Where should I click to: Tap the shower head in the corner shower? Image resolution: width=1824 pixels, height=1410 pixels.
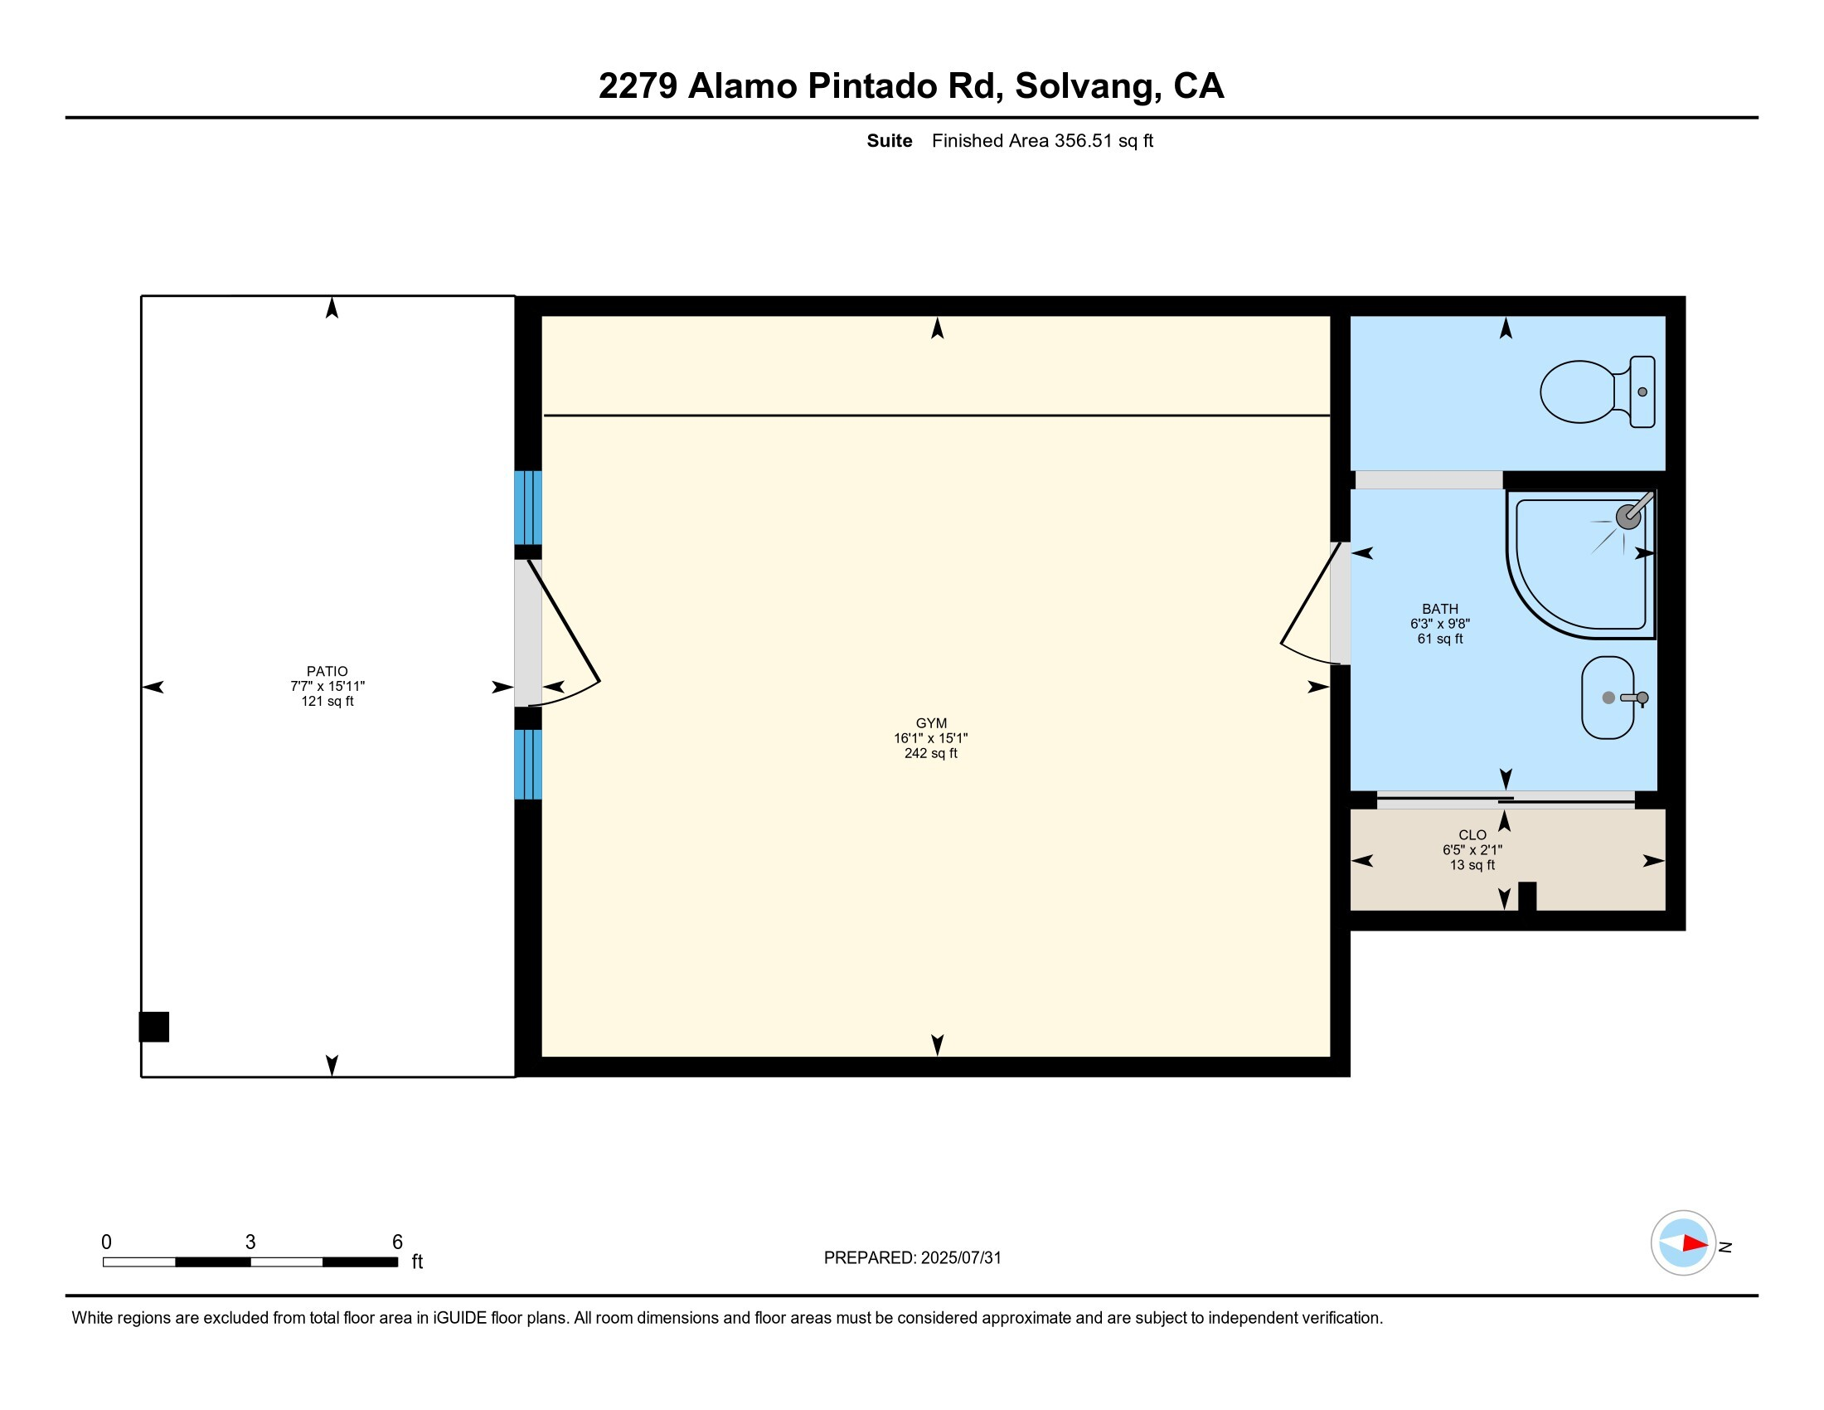tap(1628, 516)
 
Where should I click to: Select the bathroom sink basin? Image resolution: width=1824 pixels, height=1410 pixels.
tap(1607, 698)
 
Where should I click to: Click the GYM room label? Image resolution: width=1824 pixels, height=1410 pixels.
tap(930, 723)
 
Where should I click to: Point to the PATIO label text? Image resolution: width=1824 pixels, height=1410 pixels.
tap(327, 672)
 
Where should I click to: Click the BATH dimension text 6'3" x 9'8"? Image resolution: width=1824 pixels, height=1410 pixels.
tap(1440, 624)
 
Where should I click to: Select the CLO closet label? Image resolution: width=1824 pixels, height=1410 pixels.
tap(1472, 835)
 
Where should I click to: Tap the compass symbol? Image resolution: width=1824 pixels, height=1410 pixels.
tap(1683, 1243)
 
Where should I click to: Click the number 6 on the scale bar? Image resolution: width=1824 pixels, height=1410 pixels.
tap(397, 1242)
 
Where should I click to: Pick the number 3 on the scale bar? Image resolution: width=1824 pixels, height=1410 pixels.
tap(250, 1242)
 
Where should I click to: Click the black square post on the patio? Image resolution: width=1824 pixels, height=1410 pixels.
tap(153, 1027)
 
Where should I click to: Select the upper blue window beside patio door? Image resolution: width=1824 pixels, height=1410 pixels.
tap(528, 508)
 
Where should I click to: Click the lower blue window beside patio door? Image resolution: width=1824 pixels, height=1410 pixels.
tap(528, 765)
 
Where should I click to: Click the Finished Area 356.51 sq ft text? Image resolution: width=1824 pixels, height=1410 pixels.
tap(1042, 141)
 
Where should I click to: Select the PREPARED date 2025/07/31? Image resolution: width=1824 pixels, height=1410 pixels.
tap(960, 1258)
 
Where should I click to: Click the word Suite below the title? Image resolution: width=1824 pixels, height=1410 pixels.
tap(889, 141)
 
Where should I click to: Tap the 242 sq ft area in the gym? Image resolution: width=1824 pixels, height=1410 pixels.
tap(930, 753)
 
